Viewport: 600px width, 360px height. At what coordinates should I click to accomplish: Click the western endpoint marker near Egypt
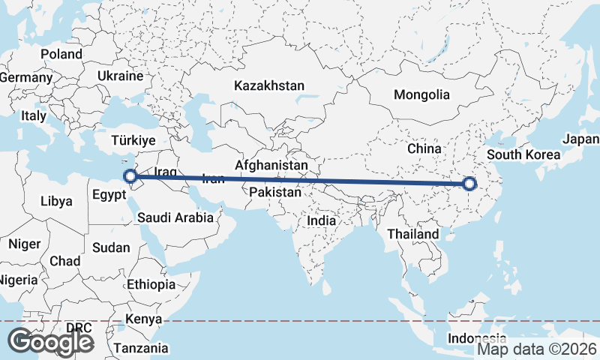(130, 177)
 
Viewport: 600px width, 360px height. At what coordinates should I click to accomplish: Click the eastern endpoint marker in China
(469, 183)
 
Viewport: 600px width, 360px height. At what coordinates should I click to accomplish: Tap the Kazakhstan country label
(269, 85)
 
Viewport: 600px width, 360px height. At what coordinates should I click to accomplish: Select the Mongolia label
(423, 95)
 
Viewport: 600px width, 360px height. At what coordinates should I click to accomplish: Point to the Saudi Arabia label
(175, 218)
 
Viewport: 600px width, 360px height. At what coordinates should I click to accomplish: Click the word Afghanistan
(271, 165)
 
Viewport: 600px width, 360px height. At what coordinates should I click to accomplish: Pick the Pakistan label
(275, 193)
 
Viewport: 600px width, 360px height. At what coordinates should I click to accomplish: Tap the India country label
(321, 221)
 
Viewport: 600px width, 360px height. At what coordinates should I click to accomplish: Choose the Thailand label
(412, 234)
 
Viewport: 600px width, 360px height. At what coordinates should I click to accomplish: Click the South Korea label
(523, 155)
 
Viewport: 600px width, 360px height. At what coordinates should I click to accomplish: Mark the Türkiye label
(133, 140)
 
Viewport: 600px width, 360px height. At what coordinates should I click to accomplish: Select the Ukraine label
(120, 76)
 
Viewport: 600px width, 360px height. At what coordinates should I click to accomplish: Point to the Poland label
(61, 54)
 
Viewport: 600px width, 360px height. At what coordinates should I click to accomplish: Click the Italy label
(34, 116)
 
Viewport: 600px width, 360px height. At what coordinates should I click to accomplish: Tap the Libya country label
(57, 202)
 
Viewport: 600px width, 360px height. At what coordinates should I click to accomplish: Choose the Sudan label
(110, 247)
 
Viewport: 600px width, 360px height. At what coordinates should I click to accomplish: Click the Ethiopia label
(151, 285)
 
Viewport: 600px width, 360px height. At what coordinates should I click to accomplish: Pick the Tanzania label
(140, 348)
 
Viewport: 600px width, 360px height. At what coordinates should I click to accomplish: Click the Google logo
(52, 342)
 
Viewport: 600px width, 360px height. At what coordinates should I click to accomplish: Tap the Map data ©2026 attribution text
(537, 349)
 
